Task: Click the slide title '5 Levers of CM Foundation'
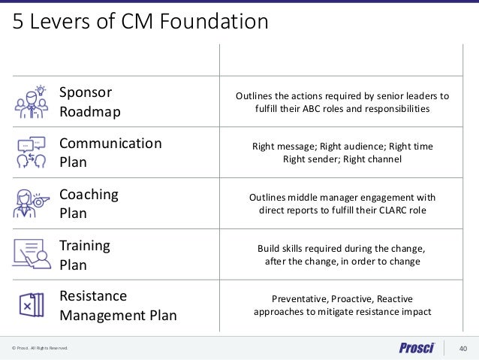[139, 22]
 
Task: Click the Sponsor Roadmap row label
[86, 102]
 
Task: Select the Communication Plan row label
[110, 153]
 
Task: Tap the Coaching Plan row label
[89, 204]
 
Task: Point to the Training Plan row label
[85, 255]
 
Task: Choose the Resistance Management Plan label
[118, 305]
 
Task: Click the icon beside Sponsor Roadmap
[31, 102]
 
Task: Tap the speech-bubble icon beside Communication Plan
[31, 153]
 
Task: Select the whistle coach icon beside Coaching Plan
[31, 203]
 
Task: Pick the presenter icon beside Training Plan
[31, 254]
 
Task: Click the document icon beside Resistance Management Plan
[31, 304]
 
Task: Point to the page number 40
[462, 348]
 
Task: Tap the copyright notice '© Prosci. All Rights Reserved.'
[39, 349]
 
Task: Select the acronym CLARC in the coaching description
[388, 210]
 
